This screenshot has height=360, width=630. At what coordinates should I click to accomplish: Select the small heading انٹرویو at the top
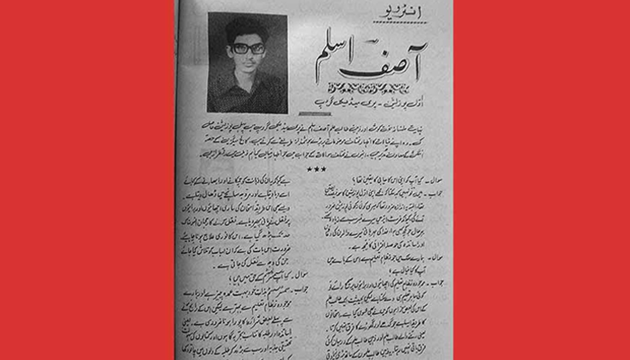point(401,16)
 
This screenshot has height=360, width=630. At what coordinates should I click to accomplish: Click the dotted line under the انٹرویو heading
point(402,23)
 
